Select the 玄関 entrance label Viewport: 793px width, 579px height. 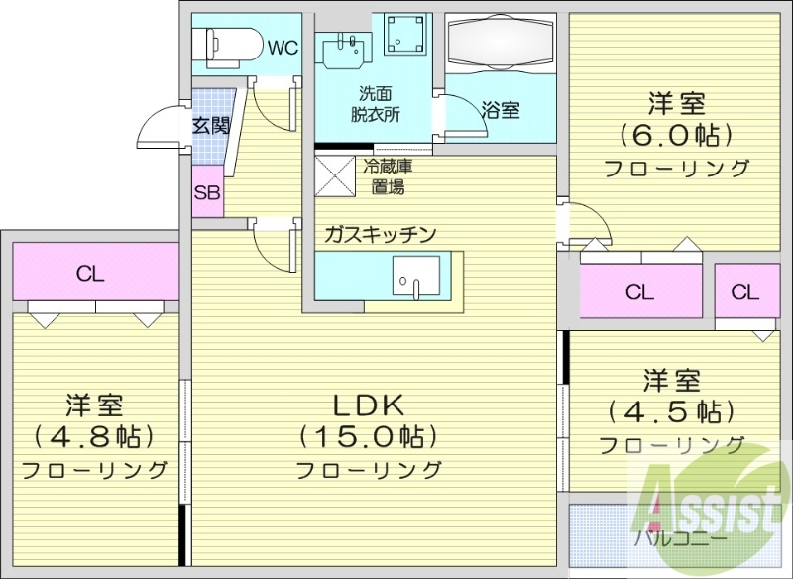[x=210, y=126]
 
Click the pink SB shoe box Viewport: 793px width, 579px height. [x=207, y=194]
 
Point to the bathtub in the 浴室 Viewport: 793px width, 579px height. [x=497, y=45]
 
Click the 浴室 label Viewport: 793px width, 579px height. [x=501, y=109]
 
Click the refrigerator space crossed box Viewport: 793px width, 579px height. [x=334, y=174]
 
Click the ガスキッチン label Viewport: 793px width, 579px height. [x=380, y=235]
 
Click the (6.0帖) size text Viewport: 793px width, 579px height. [x=676, y=134]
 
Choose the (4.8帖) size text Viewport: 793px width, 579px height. [x=94, y=435]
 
